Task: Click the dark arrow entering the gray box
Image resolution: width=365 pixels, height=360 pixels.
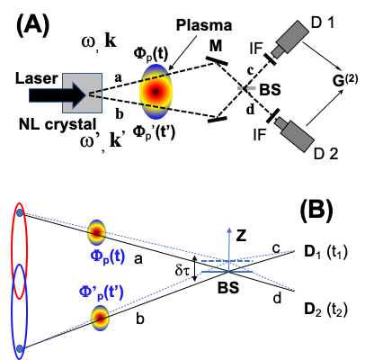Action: click(54, 94)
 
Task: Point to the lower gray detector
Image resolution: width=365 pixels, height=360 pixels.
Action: click(297, 135)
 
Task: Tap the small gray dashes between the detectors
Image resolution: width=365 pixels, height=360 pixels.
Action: click(246, 88)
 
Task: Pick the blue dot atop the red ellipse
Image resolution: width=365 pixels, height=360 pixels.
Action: click(19, 212)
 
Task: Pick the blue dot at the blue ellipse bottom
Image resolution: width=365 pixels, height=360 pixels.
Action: click(19, 347)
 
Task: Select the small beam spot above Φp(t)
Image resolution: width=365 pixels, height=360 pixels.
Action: click(96, 231)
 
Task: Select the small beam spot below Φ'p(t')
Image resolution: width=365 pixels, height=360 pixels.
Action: click(100, 318)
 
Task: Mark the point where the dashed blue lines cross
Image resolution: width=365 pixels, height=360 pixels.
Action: click(228, 262)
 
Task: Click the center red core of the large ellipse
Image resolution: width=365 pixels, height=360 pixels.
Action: click(156, 91)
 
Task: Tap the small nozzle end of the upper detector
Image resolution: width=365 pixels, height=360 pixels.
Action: click(277, 53)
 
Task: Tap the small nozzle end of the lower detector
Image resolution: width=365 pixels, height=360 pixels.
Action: click(280, 121)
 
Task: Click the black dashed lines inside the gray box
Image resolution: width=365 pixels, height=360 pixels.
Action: click(95, 94)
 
